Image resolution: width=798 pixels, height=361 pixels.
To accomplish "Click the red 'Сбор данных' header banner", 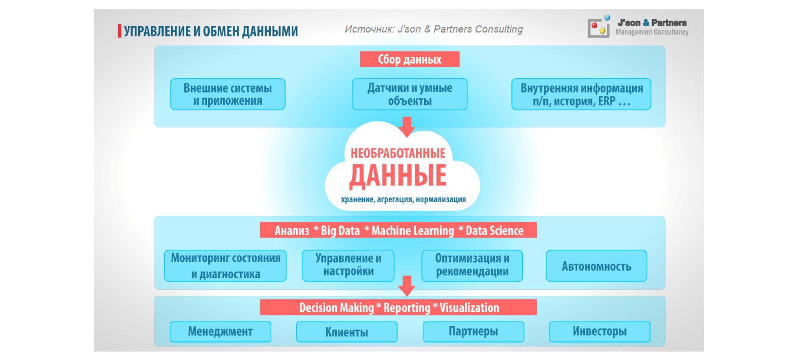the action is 409,59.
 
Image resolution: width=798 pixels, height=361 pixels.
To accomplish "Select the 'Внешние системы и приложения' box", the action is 228,94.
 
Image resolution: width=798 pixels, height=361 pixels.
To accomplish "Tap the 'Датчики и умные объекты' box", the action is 409,94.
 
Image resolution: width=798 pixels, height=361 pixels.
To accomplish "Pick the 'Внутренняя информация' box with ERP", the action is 581,94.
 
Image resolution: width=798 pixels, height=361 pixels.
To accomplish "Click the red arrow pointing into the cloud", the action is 407,127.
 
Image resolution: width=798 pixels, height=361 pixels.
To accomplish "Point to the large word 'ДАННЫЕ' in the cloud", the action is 398,176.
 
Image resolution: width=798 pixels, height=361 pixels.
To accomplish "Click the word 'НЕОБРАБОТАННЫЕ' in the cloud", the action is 398,153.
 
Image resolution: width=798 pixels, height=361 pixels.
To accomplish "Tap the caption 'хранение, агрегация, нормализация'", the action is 403,199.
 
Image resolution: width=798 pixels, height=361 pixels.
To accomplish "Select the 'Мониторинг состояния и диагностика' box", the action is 225,266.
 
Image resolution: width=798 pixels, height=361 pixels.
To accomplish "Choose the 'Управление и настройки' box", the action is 348,266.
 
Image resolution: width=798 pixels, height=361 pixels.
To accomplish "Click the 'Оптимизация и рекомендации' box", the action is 472,266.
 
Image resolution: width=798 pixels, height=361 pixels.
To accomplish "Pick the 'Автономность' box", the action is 596,266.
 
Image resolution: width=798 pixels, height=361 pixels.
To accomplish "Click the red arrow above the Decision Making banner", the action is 407,286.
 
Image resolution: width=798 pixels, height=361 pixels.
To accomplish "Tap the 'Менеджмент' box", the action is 220,331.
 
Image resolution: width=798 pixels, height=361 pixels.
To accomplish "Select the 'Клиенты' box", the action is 347,331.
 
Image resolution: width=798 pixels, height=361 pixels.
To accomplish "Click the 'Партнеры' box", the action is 473,331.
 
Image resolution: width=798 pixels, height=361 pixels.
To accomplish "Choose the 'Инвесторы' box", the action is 599,331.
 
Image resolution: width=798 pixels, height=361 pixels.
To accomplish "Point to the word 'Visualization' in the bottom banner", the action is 469,308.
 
